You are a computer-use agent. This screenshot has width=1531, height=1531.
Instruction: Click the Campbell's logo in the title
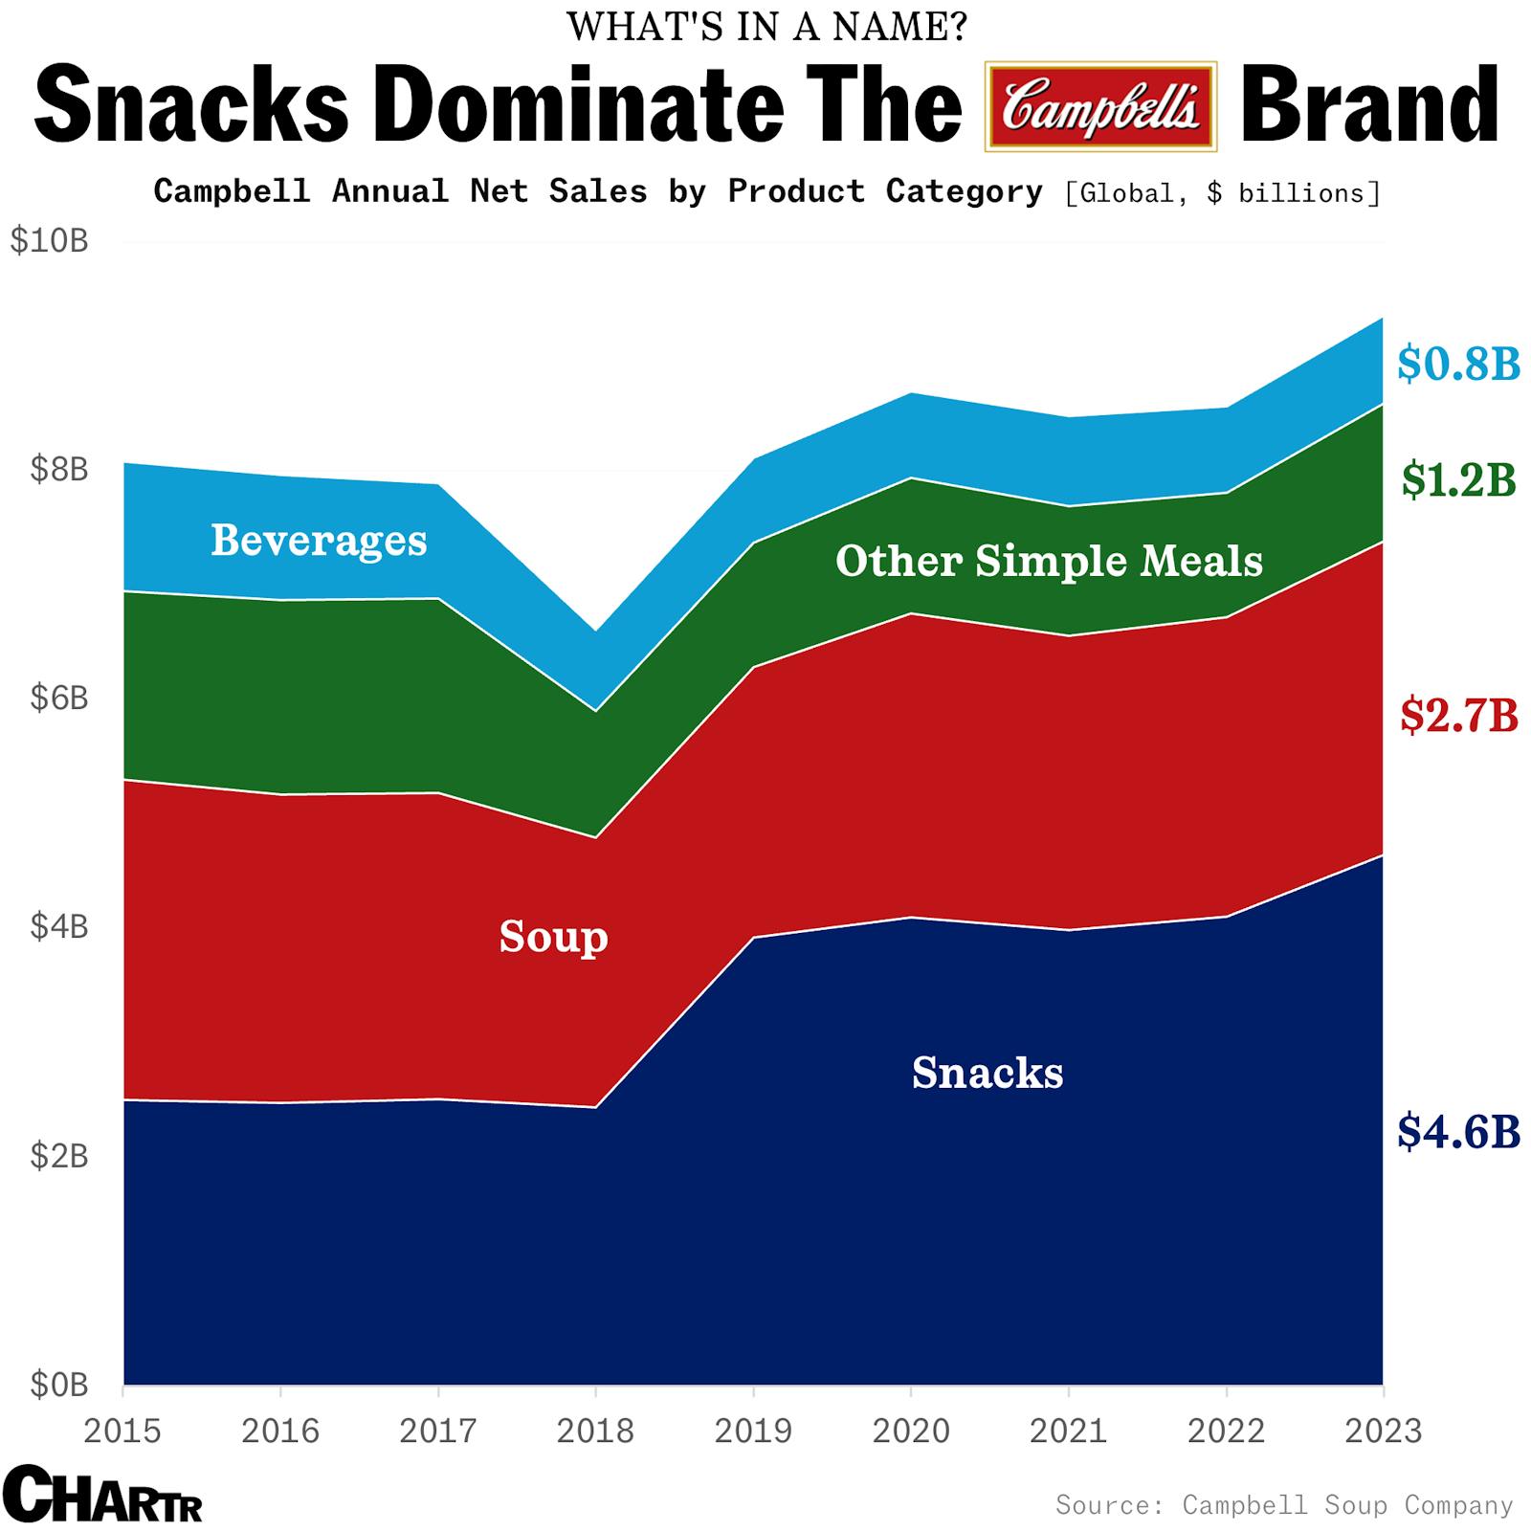1100,106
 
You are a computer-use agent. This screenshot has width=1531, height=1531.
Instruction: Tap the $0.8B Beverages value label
1457,364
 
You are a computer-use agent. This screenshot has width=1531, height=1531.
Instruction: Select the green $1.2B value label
1457,479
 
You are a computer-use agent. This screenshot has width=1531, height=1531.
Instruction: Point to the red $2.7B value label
1457,715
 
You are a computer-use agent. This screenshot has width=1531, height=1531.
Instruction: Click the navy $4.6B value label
1457,1131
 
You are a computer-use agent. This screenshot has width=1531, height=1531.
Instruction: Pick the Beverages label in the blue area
319,540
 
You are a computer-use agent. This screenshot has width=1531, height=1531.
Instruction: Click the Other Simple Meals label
1049,561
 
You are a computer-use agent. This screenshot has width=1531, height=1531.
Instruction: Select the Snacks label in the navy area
987,1073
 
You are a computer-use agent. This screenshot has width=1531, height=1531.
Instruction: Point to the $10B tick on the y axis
49,240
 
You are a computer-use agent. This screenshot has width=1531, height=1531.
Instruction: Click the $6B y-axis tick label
58,698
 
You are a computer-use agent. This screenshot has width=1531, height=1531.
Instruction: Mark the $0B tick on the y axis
58,1384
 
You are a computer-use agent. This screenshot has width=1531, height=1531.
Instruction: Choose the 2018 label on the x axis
595,1431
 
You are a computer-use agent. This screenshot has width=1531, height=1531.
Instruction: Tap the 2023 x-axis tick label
1383,1431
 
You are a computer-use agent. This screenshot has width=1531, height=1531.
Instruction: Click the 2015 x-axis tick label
122,1431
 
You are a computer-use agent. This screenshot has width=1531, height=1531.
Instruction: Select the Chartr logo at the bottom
102,1494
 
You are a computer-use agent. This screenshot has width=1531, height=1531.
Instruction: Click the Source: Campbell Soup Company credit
1283,1504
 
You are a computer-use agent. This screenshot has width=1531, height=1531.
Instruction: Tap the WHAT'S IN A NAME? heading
766,26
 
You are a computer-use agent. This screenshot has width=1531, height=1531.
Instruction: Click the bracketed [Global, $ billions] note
1222,193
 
